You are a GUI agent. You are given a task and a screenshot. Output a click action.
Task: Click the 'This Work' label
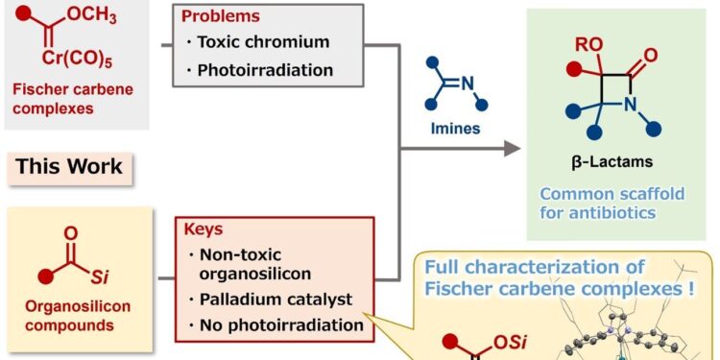pos(69,166)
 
